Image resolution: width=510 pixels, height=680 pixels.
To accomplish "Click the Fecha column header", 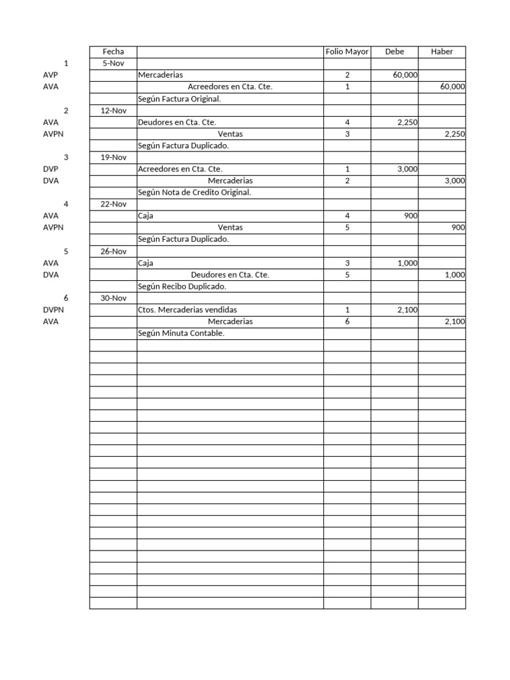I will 113,52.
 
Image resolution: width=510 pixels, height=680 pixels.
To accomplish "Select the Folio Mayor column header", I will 347,52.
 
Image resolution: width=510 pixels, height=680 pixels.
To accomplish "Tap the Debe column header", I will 394,52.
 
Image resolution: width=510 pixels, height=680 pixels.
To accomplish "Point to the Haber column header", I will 442,52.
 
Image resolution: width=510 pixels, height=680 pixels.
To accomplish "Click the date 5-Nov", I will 113,64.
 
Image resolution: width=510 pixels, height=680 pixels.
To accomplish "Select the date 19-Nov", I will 113,157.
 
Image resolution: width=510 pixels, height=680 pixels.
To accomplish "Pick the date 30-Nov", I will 113,298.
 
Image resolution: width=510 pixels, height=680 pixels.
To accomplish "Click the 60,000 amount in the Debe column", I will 405,76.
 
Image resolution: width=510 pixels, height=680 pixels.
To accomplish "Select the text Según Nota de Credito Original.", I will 195,193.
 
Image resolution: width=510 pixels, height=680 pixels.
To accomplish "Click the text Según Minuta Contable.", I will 181,333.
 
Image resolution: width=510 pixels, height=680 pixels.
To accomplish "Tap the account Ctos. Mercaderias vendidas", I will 187,310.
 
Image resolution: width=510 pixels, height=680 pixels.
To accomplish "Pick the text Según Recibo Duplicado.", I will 182,286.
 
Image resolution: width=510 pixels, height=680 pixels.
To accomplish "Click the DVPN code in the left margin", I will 52,310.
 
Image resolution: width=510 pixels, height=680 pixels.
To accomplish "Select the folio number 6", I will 347,321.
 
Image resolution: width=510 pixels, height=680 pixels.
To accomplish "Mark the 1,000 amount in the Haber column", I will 454,275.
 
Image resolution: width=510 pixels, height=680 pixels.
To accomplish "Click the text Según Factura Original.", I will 179,99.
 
